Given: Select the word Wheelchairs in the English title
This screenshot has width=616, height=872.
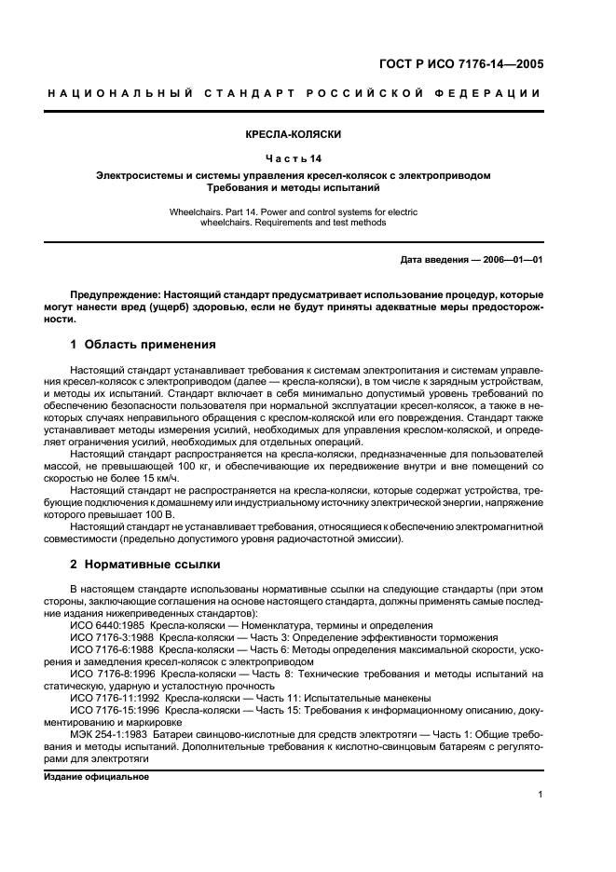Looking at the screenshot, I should [194, 212].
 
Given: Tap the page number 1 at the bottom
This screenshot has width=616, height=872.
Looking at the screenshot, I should [541, 794].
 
